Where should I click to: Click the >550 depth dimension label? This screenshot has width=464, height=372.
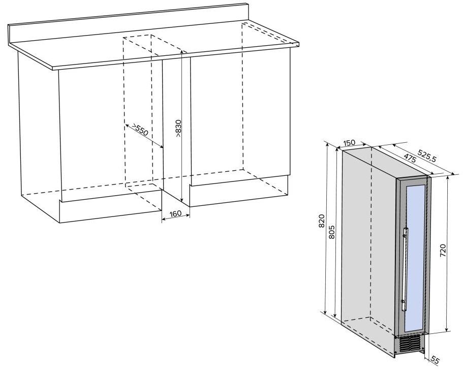click(140, 129)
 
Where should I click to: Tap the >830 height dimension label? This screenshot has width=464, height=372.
click(178, 128)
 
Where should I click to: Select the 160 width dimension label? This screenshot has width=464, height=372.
click(176, 213)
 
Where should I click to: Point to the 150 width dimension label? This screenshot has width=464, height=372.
click(349, 143)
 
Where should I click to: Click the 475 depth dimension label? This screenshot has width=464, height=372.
click(410, 159)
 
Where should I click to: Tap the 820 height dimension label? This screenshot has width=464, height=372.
click(322, 221)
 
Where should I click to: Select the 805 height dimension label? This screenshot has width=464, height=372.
click(331, 232)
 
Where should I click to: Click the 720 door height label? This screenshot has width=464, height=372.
click(443, 251)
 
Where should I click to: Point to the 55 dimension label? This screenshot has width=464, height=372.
click(435, 360)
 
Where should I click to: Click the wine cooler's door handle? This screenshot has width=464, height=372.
click(405, 269)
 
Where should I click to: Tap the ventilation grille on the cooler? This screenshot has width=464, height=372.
click(410, 345)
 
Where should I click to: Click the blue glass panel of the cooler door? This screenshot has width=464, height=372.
click(415, 259)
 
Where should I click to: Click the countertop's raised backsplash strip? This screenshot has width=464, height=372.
click(127, 24)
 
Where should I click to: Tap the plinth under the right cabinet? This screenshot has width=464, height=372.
click(238, 192)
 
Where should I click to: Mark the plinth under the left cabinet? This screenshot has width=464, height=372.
click(110, 206)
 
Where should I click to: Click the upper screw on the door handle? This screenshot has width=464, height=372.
click(404, 236)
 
